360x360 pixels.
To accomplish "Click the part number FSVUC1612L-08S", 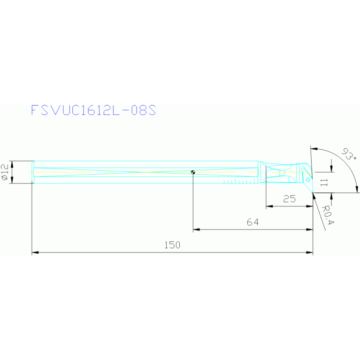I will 93,110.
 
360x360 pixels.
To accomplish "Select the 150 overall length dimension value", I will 172,245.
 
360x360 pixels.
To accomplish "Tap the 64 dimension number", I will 253,222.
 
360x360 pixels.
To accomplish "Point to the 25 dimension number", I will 290,199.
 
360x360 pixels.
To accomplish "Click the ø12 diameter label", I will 5,172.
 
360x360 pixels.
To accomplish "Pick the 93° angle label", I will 349,154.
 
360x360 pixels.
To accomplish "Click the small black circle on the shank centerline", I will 193,172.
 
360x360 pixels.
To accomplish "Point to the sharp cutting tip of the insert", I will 313,192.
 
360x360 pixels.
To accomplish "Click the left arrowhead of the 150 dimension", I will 34,253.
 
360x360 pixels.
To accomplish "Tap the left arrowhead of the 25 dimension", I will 269,206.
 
